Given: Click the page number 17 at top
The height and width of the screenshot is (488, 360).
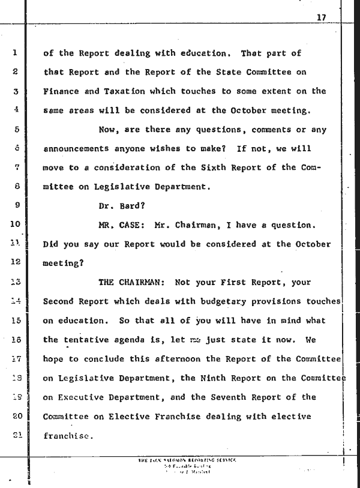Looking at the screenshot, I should point(321,17).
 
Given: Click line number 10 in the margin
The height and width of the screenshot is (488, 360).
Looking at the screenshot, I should point(16,226).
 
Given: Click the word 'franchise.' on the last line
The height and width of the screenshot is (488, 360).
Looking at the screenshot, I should point(68,436).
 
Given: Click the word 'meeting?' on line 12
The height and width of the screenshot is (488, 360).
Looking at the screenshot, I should point(63,264).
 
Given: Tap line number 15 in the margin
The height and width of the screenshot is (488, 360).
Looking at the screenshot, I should point(16,321).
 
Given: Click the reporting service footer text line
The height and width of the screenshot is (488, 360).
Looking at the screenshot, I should point(187,459).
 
